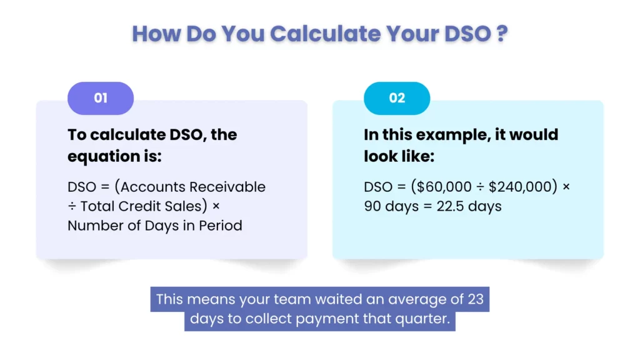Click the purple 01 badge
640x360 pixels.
click(101, 98)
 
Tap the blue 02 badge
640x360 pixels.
click(397, 98)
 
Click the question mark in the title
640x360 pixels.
click(501, 34)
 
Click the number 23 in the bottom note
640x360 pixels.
click(476, 299)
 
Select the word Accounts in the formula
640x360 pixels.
click(150, 187)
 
